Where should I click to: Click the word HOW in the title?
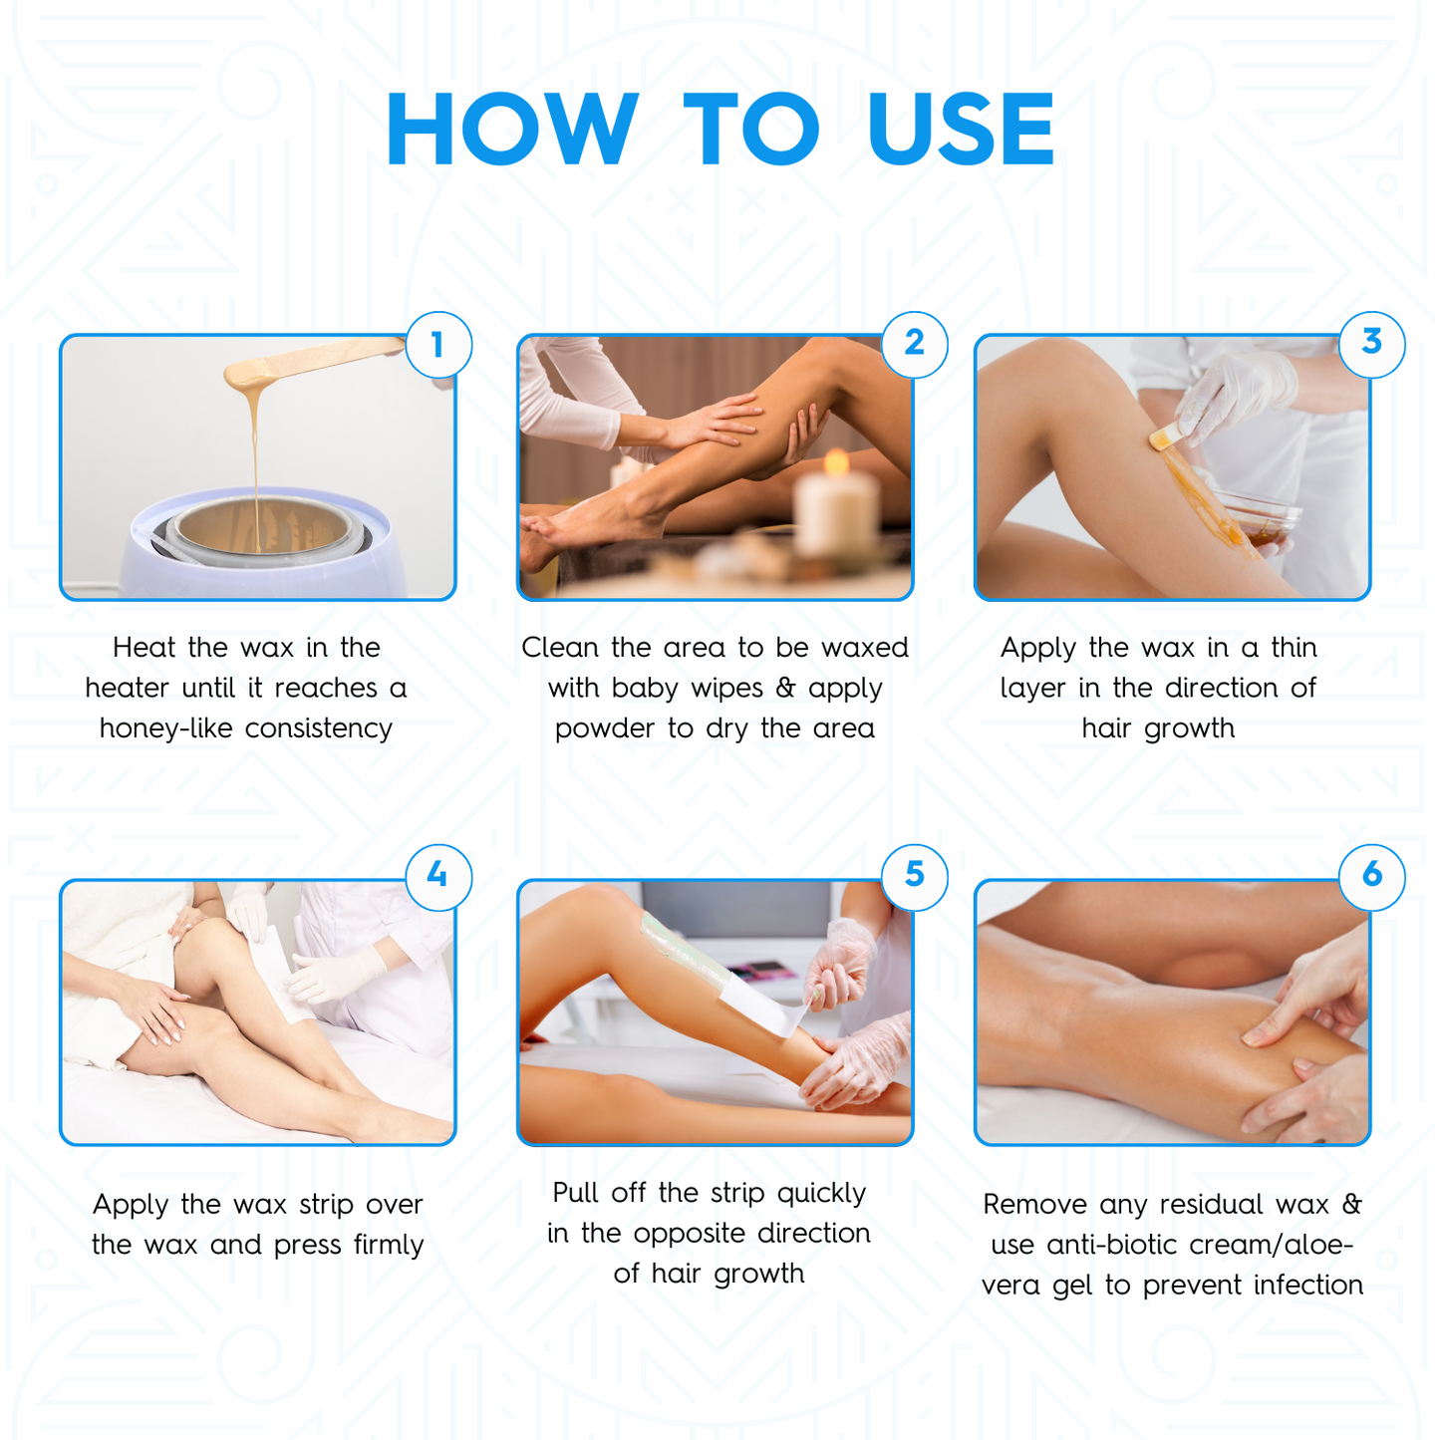click(511, 130)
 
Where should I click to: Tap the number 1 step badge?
click(437, 345)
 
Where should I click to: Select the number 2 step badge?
click(914, 345)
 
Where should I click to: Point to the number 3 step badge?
click(1371, 344)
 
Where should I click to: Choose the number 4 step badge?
click(437, 876)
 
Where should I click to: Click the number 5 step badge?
click(914, 876)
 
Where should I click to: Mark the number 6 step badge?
click(1371, 876)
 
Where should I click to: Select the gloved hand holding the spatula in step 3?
click(1236, 394)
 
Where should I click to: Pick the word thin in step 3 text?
click(1294, 648)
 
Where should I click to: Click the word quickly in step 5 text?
click(821, 1193)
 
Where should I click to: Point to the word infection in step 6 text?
click(1307, 1286)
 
